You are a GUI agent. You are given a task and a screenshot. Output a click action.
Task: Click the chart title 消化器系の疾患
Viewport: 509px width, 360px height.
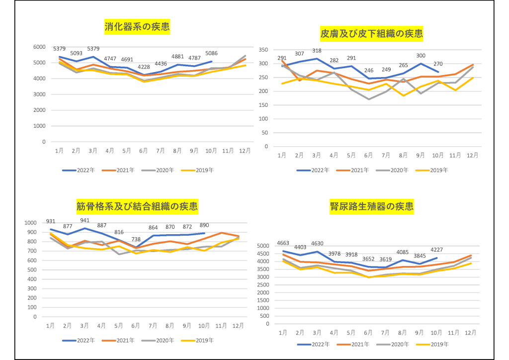click(x=137, y=27)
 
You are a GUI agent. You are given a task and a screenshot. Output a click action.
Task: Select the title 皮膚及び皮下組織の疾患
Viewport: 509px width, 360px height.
click(x=372, y=34)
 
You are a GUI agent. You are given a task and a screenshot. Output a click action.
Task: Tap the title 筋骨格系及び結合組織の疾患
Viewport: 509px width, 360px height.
click(x=137, y=206)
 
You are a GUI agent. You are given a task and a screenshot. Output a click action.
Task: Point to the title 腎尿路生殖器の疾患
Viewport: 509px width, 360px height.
click(x=372, y=206)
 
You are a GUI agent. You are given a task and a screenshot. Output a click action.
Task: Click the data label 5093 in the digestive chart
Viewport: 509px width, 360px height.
click(x=77, y=53)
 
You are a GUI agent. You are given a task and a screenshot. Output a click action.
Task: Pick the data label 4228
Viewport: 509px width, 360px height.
click(x=144, y=67)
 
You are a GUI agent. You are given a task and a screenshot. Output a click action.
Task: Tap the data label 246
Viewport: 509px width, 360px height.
click(x=368, y=71)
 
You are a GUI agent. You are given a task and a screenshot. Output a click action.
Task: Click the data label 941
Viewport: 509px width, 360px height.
click(x=85, y=221)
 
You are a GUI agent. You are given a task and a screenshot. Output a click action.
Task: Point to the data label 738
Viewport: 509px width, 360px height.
click(x=135, y=239)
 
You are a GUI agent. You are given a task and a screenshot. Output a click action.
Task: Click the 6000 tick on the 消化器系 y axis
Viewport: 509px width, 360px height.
click(x=39, y=47)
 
